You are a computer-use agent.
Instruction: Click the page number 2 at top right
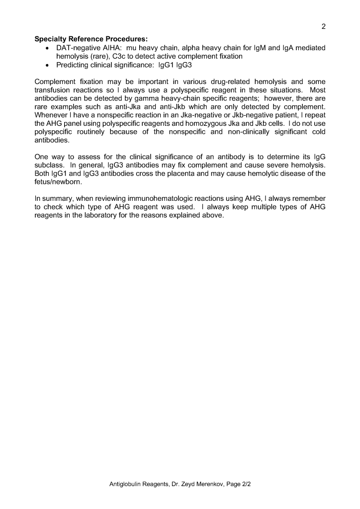pos(324,27)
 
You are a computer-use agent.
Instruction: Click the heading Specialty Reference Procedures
pos(91,39)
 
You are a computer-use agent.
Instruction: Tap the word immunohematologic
pos(168,199)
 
